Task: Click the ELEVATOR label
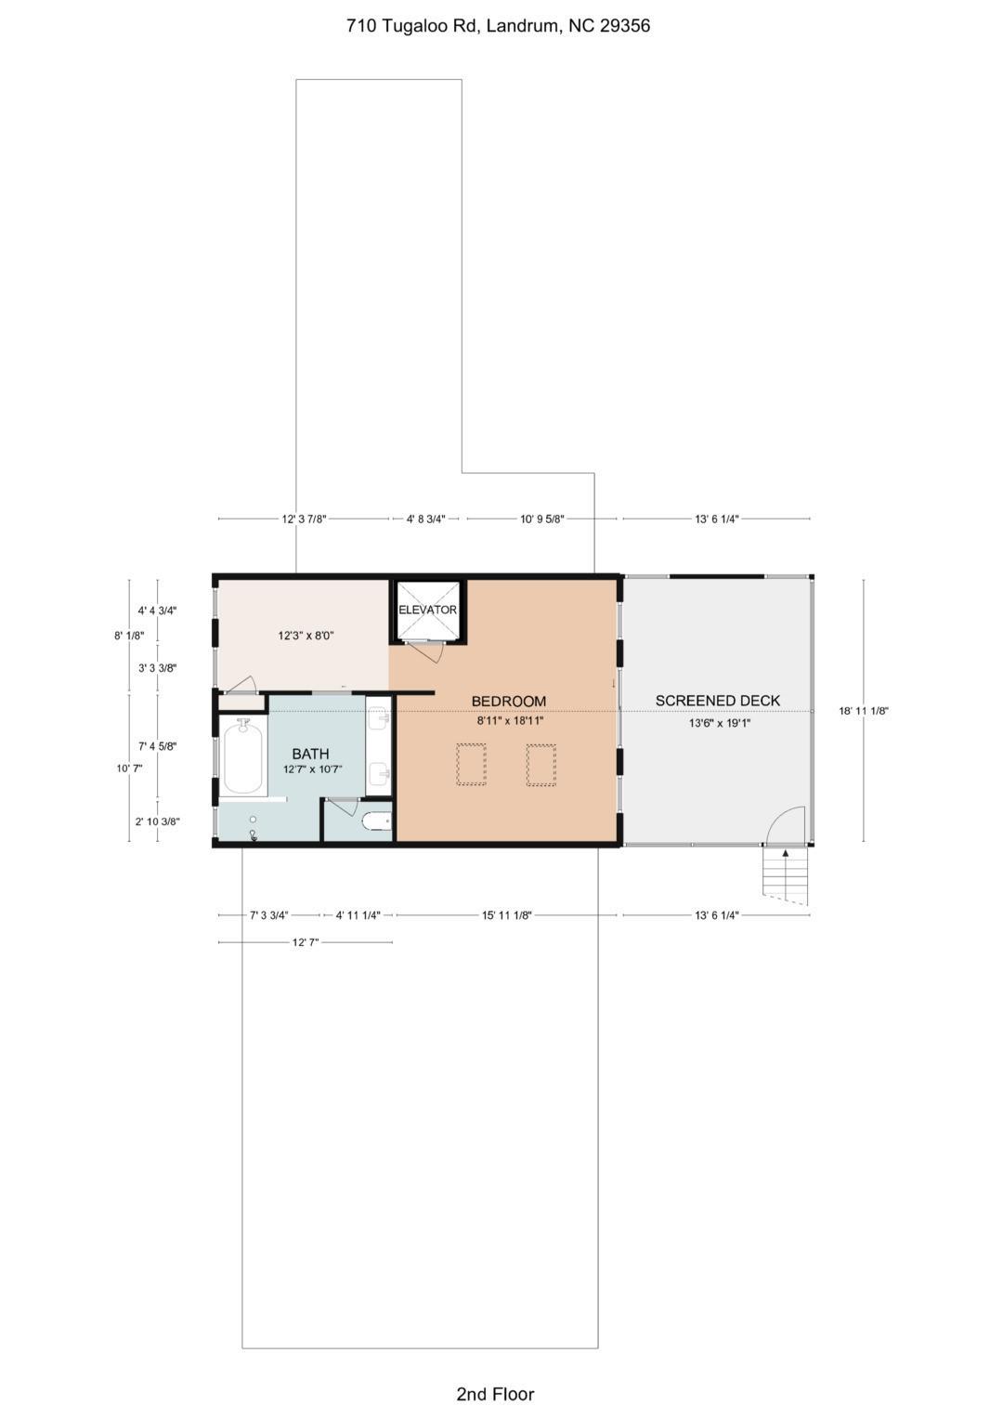pyautogui.click(x=427, y=610)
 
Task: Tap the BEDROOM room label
pyautogui.click(x=508, y=702)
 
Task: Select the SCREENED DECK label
pyautogui.click(x=717, y=701)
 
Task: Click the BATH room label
pyautogui.click(x=310, y=754)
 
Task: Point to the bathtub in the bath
pyautogui.click(x=243, y=757)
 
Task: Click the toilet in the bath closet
pyautogui.click(x=376, y=821)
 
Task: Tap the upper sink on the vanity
pyautogui.click(x=379, y=718)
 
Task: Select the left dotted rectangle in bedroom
pyautogui.click(x=471, y=764)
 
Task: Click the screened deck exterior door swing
pyautogui.click(x=786, y=825)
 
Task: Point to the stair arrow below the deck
pyautogui.click(x=785, y=853)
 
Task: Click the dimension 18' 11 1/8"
pyautogui.click(x=864, y=711)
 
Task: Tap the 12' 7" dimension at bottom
pyautogui.click(x=306, y=942)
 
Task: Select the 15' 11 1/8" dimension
pyautogui.click(x=506, y=915)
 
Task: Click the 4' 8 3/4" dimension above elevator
pyautogui.click(x=426, y=519)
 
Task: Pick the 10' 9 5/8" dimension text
pyautogui.click(x=541, y=519)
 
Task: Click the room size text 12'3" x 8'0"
pyautogui.click(x=306, y=637)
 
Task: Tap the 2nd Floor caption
pyautogui.click(x=495, y=1394)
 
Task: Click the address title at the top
pyautogui.click(x=498, y=26)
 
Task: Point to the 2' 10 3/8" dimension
pyautogui.click(x=157, y=821)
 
